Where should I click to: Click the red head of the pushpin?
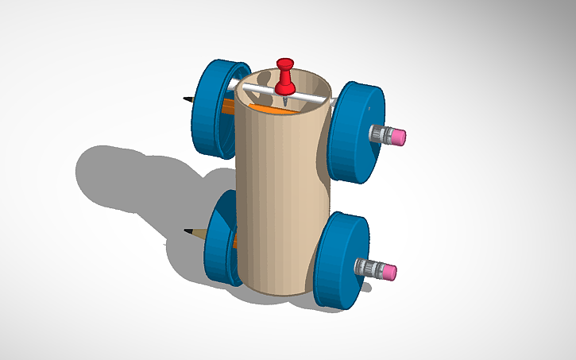[x=284, y=64]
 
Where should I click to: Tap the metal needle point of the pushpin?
[x=284, y=102]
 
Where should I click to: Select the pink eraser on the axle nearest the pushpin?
[x=396, y=136]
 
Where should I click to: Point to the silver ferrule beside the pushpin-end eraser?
[x=379, y=134]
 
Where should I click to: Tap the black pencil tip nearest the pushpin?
[x=187, y=99]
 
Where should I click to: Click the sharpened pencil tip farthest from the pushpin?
[x=189, y=232]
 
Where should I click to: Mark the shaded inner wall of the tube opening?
[x=306, y=86]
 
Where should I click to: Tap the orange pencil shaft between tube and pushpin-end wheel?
[x=229, y=105]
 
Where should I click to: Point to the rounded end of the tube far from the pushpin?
[x=274, y=292]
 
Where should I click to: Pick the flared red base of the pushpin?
[x=284, y=86]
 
